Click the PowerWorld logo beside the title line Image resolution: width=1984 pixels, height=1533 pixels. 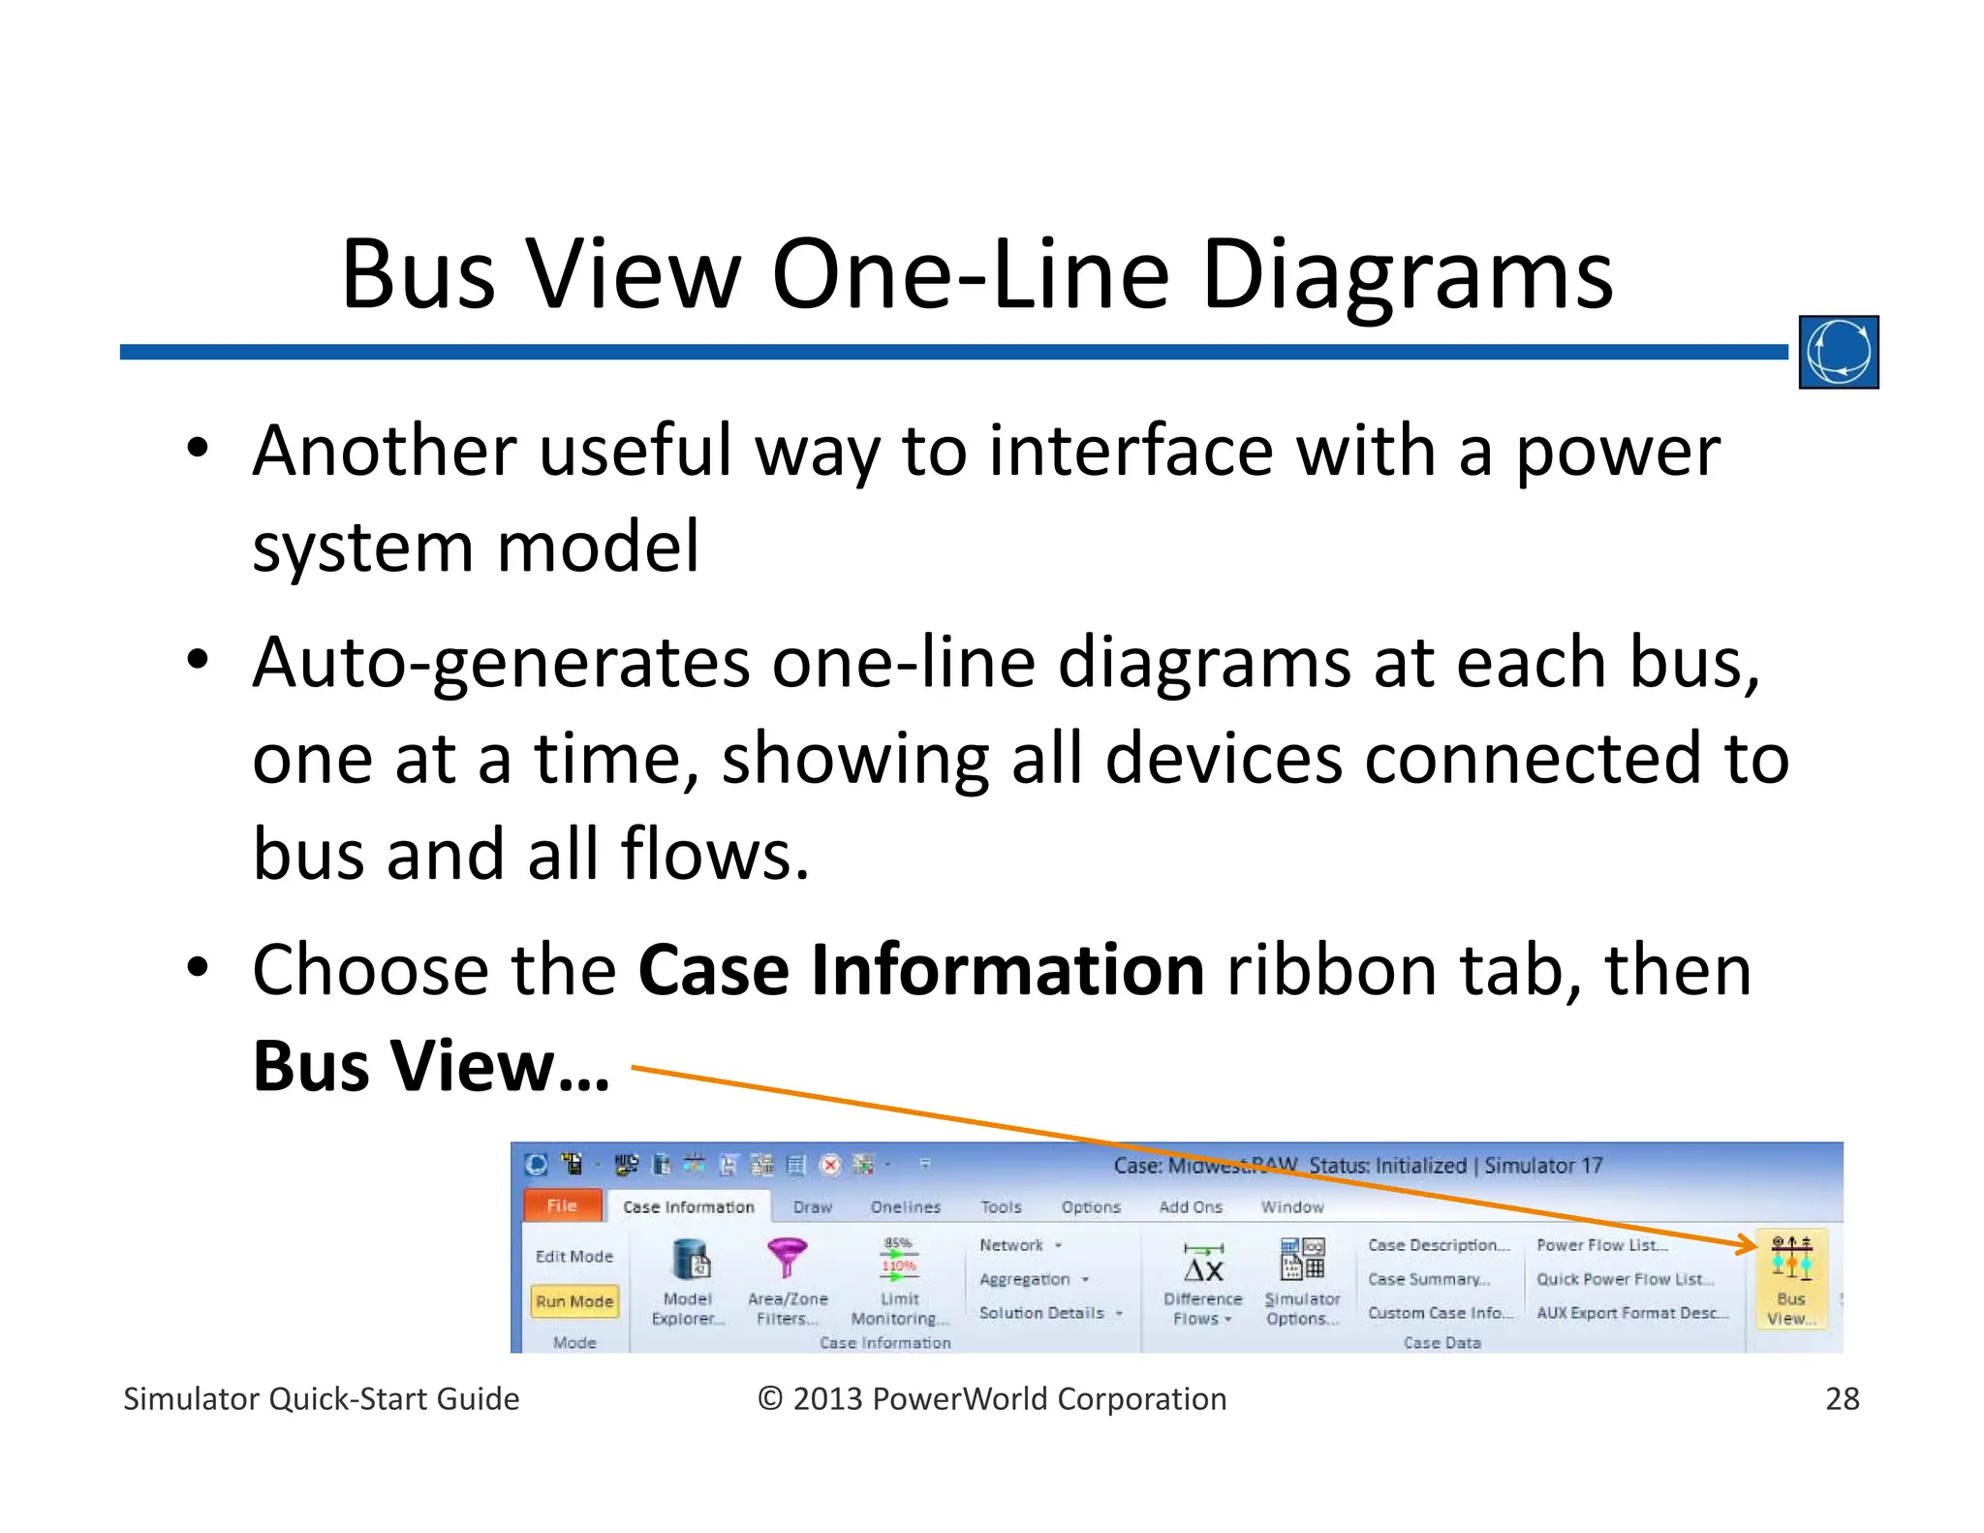pos(1838,352)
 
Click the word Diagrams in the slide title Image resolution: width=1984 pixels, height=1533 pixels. pos(1407,275)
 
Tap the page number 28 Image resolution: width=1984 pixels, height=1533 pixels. pos(1842,1398)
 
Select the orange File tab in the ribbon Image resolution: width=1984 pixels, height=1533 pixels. pos(562,1205)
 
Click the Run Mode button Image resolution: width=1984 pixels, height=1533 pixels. pos(574,1300)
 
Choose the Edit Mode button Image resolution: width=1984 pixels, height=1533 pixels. pos(574,1256)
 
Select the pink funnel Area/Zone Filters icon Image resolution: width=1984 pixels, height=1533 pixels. pos(787,1258)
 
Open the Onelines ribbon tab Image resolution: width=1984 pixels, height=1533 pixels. pos(905,1206)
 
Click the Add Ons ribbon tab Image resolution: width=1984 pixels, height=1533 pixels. pos(1191,1206)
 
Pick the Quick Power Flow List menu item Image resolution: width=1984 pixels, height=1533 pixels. pos(1624,1279)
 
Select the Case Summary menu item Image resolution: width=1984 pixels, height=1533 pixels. pos(1428,1279)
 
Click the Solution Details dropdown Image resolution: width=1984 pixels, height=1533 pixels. pos(1050,1312)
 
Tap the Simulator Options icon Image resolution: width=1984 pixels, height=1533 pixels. pos(1302,1260)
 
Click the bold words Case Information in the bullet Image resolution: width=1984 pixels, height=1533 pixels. pos(920,970)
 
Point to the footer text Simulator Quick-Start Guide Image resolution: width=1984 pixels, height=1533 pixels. pos(321,1398)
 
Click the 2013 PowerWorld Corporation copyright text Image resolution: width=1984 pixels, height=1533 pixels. pos(992,1398)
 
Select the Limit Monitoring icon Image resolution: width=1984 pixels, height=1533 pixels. pos(898,1260)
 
